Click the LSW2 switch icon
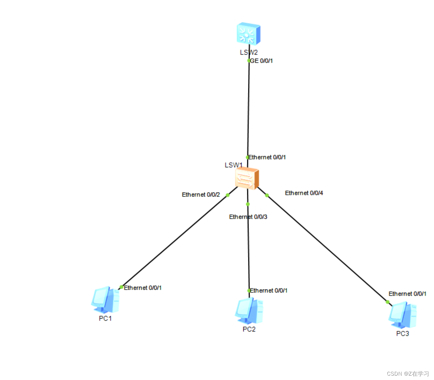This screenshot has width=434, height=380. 248,35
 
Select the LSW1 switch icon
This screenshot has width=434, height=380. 247,178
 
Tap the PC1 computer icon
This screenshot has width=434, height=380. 105,300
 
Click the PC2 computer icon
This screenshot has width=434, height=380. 249,311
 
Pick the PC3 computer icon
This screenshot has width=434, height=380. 402,313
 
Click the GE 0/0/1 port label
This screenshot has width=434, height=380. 261,61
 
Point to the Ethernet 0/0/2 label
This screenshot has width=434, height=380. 201,195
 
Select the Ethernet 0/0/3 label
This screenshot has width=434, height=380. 248,217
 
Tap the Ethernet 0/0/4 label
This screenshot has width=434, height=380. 304,193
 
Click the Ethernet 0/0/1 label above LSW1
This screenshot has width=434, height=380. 267,157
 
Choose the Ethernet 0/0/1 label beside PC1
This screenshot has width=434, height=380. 143,288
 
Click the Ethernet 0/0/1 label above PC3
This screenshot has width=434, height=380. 407,294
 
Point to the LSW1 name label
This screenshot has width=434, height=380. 233,165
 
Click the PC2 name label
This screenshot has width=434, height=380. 249,329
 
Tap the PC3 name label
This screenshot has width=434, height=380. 403,333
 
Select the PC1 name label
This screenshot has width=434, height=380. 105,318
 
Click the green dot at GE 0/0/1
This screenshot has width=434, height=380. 249,61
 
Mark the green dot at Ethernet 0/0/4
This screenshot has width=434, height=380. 267,195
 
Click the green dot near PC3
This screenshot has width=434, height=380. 387,302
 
